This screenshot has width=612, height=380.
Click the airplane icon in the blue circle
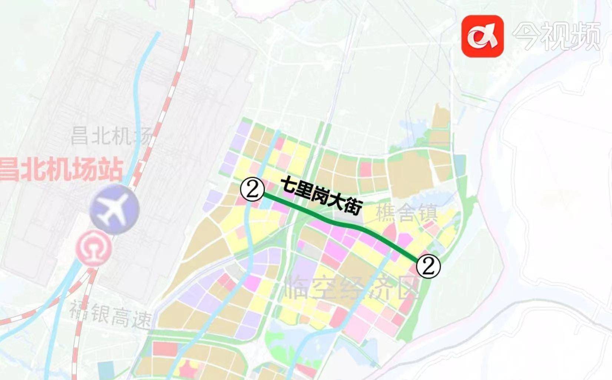(114, 209)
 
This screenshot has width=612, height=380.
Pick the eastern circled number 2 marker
(429, 266)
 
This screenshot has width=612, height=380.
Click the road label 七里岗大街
(321, 196)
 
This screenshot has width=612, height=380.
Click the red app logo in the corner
(482, 36)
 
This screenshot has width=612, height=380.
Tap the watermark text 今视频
(556, 36)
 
